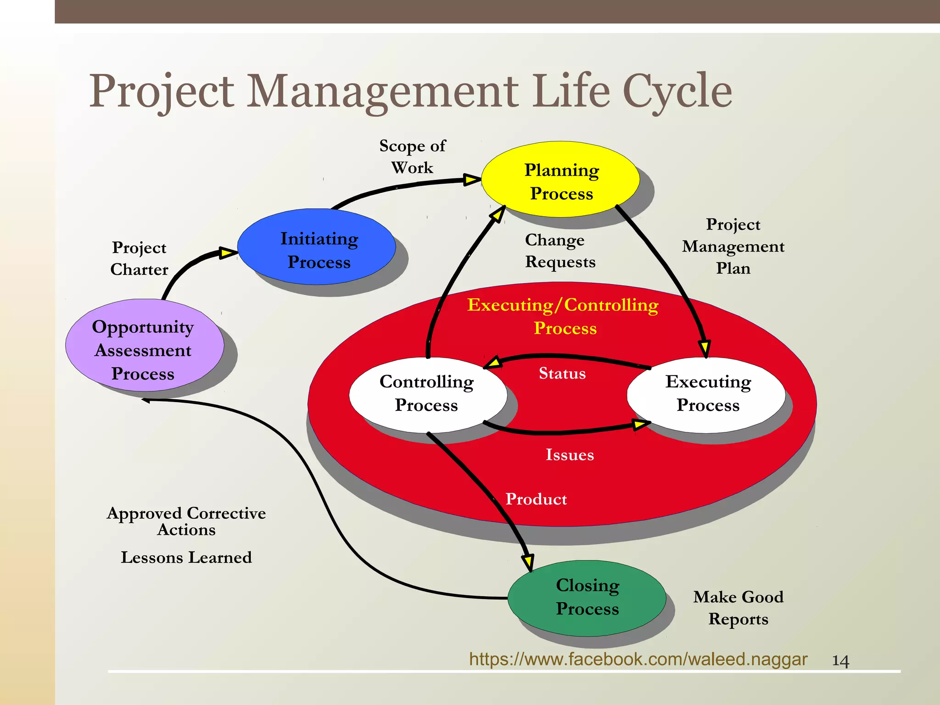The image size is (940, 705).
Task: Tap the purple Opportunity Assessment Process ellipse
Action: [144, 349]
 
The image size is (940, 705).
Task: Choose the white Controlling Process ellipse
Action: [427, 393]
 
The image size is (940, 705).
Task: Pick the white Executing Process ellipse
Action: [707, 393]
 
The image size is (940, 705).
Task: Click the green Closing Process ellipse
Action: [587, 597]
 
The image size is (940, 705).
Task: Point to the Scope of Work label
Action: [412, 157]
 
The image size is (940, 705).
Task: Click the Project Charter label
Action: [139, 258]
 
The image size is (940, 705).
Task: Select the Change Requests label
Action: [560, 251]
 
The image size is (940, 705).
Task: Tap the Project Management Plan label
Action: [733, 246]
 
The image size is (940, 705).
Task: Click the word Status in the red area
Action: [562, 373]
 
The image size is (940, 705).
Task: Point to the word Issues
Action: [570, 454]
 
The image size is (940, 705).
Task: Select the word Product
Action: [536, 499]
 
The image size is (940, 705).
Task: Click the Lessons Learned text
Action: [186, 557]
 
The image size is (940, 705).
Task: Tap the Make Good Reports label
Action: [738, 608]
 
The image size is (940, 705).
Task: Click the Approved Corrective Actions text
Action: [186, 521]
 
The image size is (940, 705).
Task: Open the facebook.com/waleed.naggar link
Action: [638, 659]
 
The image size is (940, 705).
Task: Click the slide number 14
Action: [840, 661]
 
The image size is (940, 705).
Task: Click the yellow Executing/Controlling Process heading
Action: [563, 316]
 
